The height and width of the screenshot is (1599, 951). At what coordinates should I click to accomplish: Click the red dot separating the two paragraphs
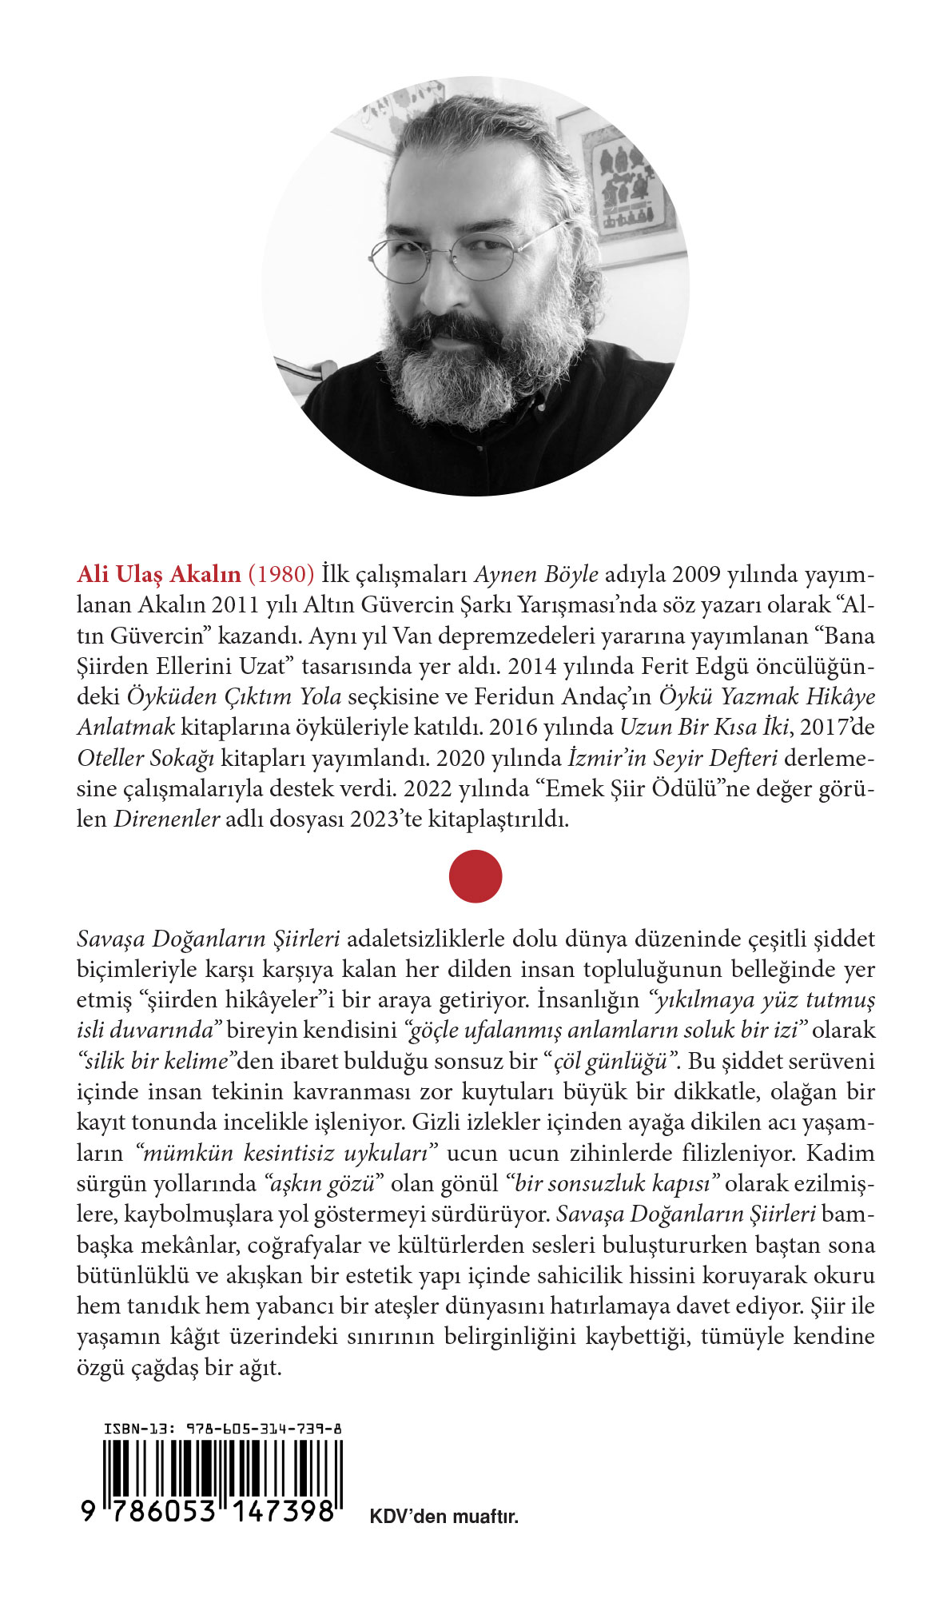475,876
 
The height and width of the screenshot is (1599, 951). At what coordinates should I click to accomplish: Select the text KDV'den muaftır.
444,1517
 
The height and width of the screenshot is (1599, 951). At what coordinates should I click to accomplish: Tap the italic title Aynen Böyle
536,575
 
